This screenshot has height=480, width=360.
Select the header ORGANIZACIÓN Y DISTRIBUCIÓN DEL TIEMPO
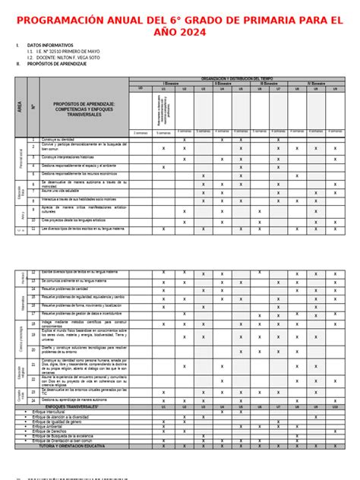[x=242, y=77]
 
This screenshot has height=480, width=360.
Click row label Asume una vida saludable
[x=61, y=191]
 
